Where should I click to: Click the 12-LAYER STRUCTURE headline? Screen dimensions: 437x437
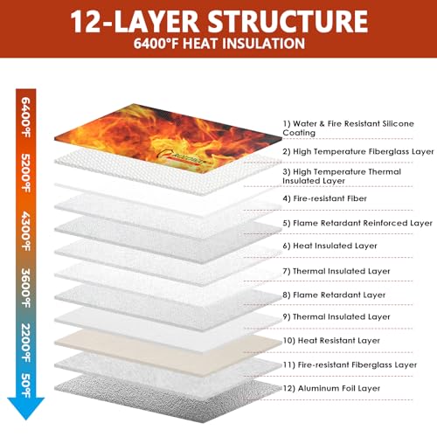(x=219, y=22)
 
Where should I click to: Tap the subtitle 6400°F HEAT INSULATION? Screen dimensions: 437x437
(x=219, y=44)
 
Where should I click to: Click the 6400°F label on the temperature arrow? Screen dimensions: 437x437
(x=26, y=117)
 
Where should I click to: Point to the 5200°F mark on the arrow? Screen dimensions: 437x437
(x=26, y=173)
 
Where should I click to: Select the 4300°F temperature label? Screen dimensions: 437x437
(x=26, y=231)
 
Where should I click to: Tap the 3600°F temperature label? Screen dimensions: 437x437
(x=26, y=288)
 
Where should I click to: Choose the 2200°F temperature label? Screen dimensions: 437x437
(x=26, y=343)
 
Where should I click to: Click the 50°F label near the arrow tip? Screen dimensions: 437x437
(x=26, y=385)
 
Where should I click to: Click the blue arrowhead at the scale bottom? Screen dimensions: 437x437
(x=26, y=408)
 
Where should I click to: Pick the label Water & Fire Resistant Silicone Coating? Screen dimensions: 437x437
(x=348, y=128)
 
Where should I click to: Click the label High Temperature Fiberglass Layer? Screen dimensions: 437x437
(x=358, y=152)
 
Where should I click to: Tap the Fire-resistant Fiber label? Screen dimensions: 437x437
(x=324, y=198)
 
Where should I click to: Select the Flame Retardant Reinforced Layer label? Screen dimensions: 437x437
(x=357, y=223)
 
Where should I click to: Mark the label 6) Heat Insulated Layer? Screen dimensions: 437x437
(x=329, y=246)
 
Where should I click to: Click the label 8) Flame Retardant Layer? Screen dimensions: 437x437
(x=334, y=295)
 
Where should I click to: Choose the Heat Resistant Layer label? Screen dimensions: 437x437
(x=331, y=341)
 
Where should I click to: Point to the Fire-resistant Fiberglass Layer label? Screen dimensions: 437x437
(x=350, y=365)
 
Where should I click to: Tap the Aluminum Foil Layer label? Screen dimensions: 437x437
(x=331, y=388)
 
